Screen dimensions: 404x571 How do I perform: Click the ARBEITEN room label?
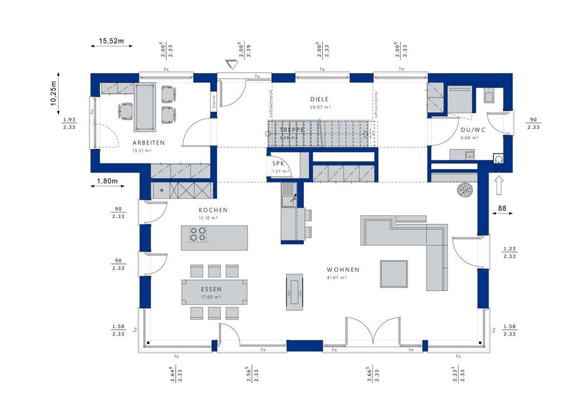coord(148,143)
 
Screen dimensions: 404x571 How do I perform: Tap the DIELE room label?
coord(320,99)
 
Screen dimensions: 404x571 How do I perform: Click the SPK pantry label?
coord(277,163)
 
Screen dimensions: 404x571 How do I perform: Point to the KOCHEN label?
coord(213,210)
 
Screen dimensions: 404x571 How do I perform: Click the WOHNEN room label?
coord(343,270)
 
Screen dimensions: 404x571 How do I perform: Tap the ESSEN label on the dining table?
coord(212,289)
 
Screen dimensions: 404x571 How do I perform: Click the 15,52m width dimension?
coord(112,41)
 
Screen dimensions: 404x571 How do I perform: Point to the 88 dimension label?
coord(502,209)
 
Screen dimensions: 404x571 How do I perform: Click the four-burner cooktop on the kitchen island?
coord(197,233)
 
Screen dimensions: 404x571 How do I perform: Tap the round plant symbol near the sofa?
coord(464,190)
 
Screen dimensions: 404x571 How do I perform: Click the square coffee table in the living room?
coord(394,273)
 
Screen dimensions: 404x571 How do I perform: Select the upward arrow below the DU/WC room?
coord(499,185)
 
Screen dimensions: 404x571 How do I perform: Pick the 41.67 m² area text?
coord(337,277)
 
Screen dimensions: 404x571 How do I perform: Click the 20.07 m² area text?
coord(321,107)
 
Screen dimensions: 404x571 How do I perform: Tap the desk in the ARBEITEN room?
coord(143,102)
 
